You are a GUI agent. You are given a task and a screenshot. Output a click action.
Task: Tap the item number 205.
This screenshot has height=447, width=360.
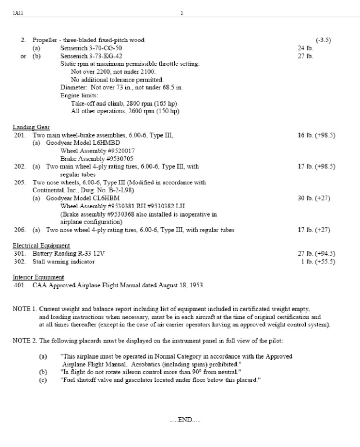pos(19,182)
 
